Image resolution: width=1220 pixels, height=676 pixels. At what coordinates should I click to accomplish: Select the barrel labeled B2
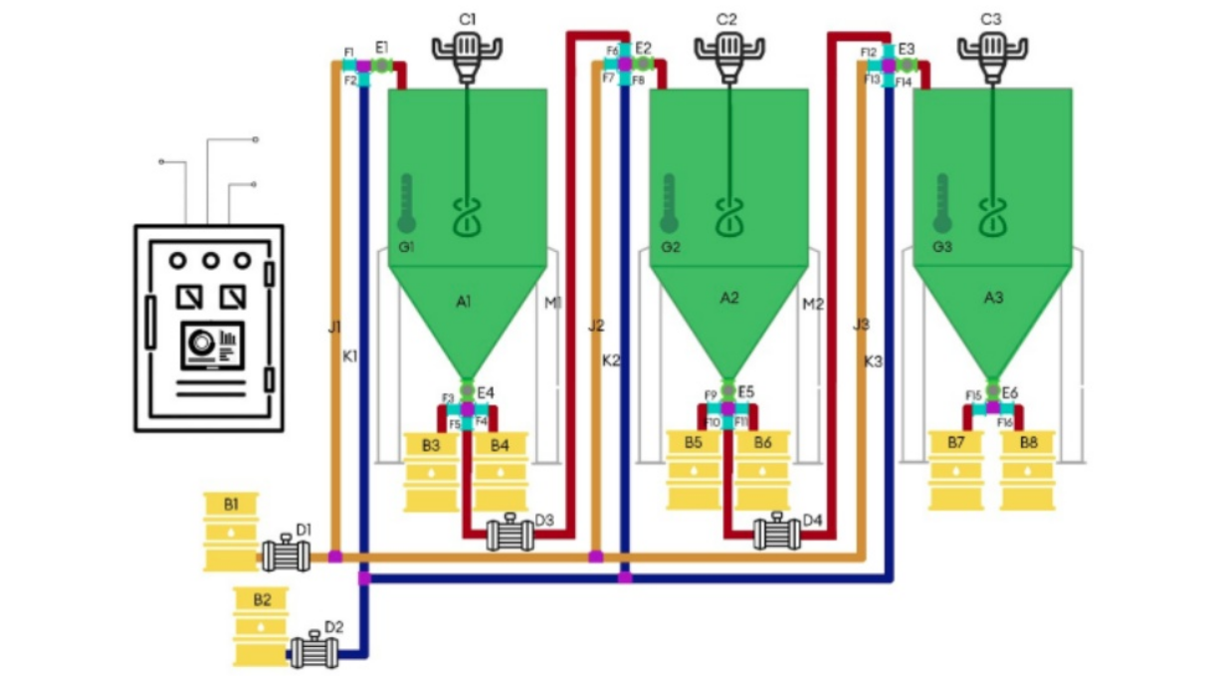[x=261, y=626]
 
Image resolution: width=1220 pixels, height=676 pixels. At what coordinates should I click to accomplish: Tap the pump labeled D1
[x=286, y=555]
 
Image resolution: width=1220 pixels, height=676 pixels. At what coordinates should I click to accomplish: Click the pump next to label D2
[x=313, y=653]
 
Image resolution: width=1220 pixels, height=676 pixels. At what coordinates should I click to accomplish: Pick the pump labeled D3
[x=509, y=536]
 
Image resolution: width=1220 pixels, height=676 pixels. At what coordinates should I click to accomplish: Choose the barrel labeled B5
[x=694, y=469]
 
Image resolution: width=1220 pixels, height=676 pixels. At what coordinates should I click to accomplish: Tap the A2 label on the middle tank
[x=729, y=298]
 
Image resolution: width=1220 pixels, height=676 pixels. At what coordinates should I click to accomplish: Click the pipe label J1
[x=334, y=326]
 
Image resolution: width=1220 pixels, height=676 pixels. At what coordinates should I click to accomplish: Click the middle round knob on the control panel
[x=210, y=260]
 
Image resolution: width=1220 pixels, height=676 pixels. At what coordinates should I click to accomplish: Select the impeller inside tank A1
[x=467, y=217]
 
